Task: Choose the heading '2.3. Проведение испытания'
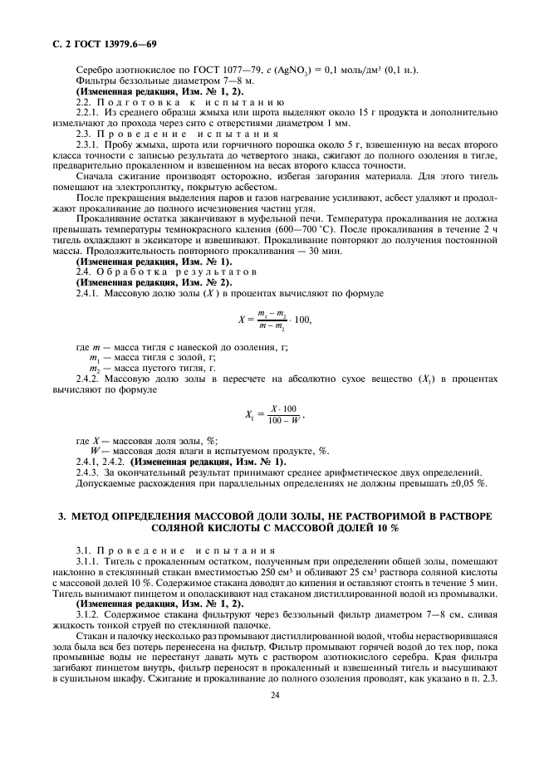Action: pyautogui.click(x=161, y=133)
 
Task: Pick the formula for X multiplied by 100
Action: pyautogui.click(x=274, y=319)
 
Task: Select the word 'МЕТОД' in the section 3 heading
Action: pyautogui.click(x=91, y=516)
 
